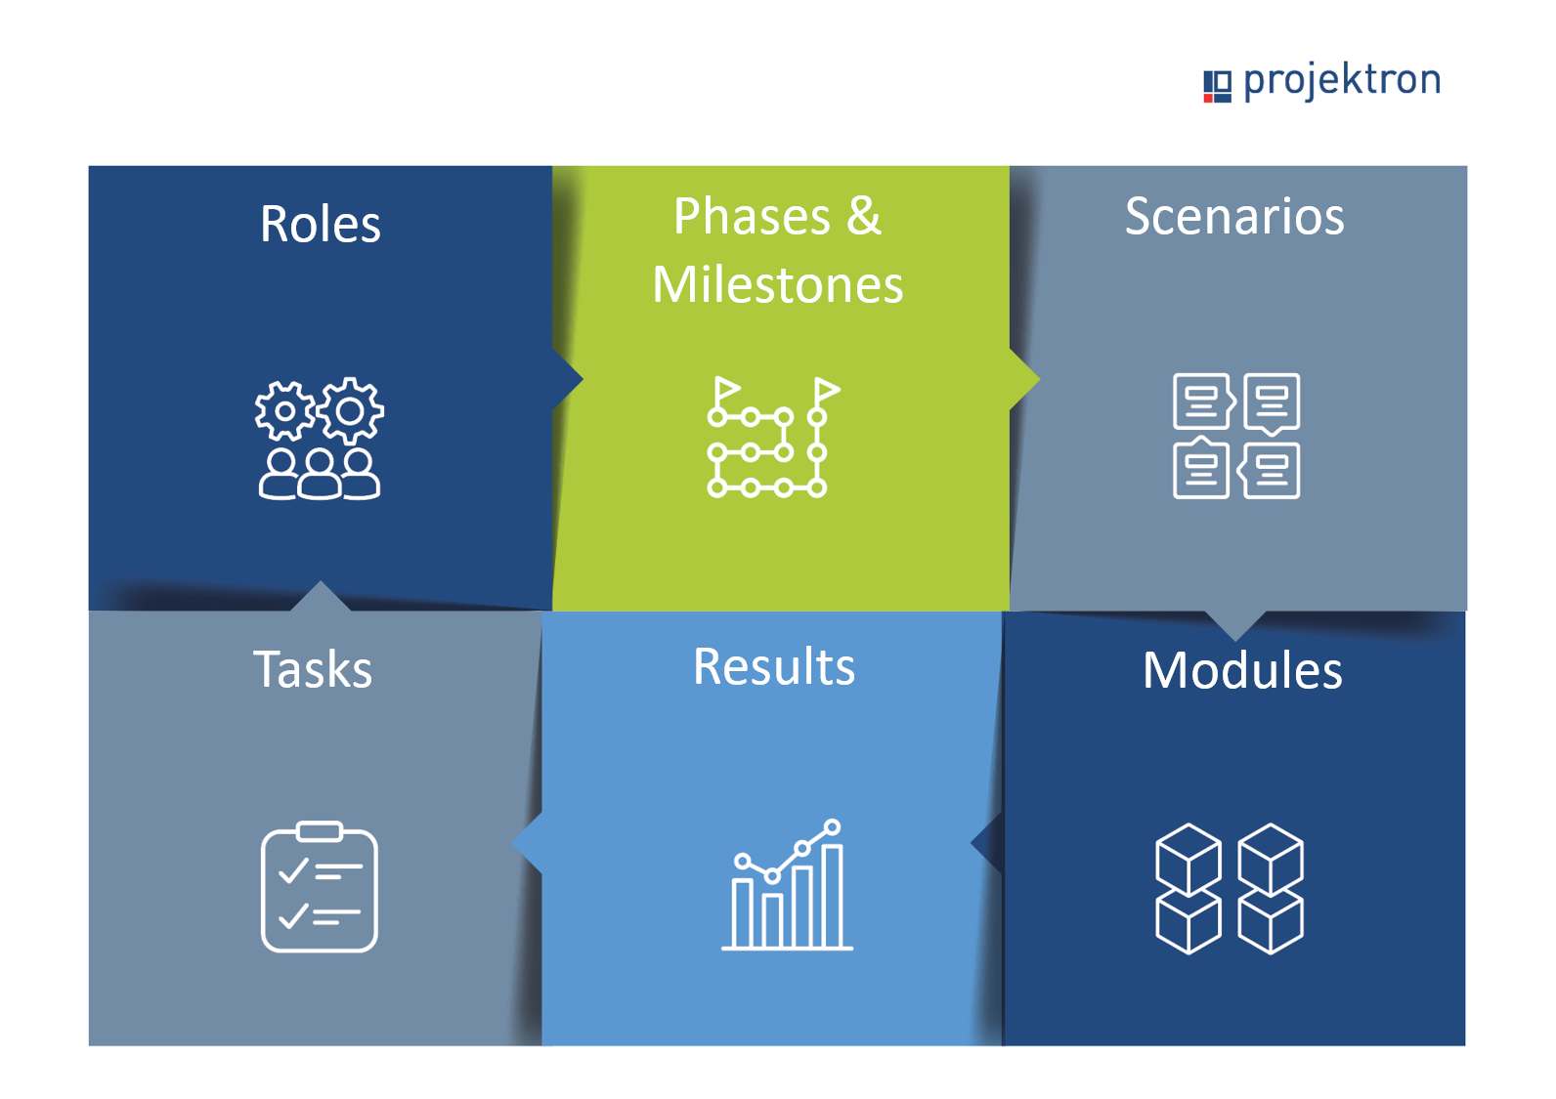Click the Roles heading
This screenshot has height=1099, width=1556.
[x=321, y=225]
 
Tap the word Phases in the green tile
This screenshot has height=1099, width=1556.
[x=752, y=216]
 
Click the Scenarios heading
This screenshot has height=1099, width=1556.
[x=1234, y=216]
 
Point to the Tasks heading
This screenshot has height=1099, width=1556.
[x=313, y=669]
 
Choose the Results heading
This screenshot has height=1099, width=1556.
[x=774, y=666]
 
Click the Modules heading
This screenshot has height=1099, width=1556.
[x=1242, y=670]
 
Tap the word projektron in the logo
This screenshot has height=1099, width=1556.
[x=1342, y=81]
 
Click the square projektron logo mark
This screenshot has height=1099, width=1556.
[x=1217, y=87]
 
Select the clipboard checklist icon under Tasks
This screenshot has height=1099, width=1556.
[x=319, y=887]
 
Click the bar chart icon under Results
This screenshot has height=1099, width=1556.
[x=787, y=884]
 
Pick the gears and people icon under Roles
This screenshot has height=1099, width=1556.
[x=320, y=438]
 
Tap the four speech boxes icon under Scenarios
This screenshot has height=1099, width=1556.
[x=1236, y=436]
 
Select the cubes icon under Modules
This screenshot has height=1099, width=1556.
[x=1229, y=889]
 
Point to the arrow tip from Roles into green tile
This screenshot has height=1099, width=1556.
[x=583, y=379]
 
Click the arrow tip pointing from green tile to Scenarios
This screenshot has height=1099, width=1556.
[x=1039, y=379]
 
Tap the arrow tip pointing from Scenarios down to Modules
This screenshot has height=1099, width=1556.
[x=1235, y=640]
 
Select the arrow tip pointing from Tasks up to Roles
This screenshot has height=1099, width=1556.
[x=321, y=581]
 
